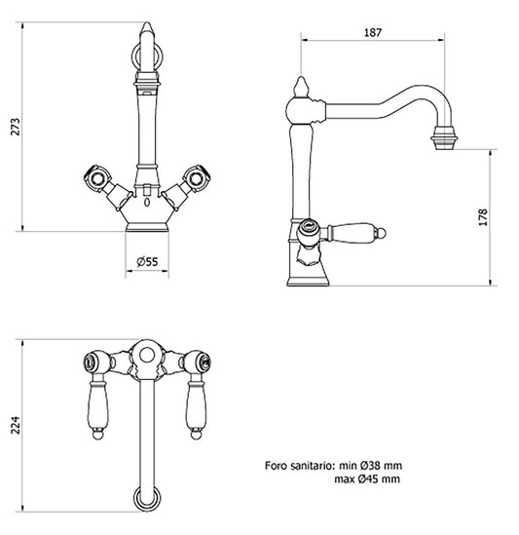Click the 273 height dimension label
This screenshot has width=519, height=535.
[16, 127]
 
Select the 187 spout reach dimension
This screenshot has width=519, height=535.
[373, 32]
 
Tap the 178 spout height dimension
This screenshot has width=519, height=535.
[483, 217]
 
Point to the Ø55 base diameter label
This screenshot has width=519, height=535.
[147, 262]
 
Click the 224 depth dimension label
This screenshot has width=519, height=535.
[16, 425]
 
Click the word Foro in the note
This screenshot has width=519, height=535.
[277, 466]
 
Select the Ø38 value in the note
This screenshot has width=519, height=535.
[368, 466]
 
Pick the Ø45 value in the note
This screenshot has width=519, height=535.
[368, 478]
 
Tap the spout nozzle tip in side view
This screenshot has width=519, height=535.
[444, 138]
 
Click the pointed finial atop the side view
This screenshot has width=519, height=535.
[301, 87]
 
